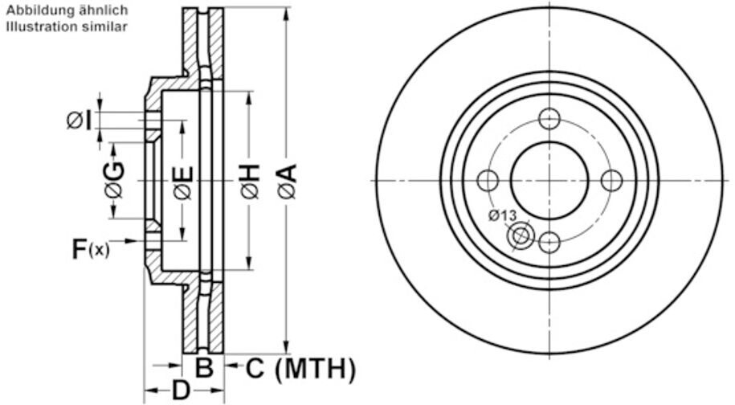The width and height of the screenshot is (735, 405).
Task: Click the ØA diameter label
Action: (288, 181)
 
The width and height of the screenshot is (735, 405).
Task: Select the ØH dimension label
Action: (251, 181)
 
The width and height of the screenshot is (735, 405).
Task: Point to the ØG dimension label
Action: (115, 180)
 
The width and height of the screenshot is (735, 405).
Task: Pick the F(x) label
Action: (91, 249)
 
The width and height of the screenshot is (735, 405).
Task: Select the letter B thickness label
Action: (204, 368)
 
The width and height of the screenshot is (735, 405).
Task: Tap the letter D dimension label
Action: (181, 390)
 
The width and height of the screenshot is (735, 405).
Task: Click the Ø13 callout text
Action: (502, 215)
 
